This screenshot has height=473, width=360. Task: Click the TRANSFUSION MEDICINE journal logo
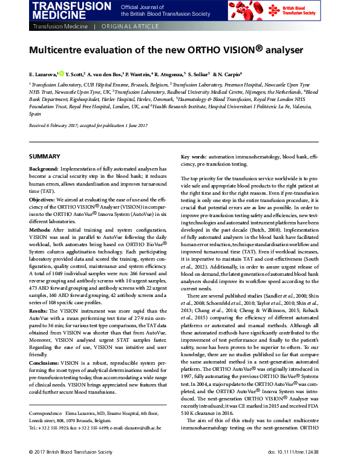tap(65, 10)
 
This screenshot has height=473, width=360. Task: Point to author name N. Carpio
tap(229, 74)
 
